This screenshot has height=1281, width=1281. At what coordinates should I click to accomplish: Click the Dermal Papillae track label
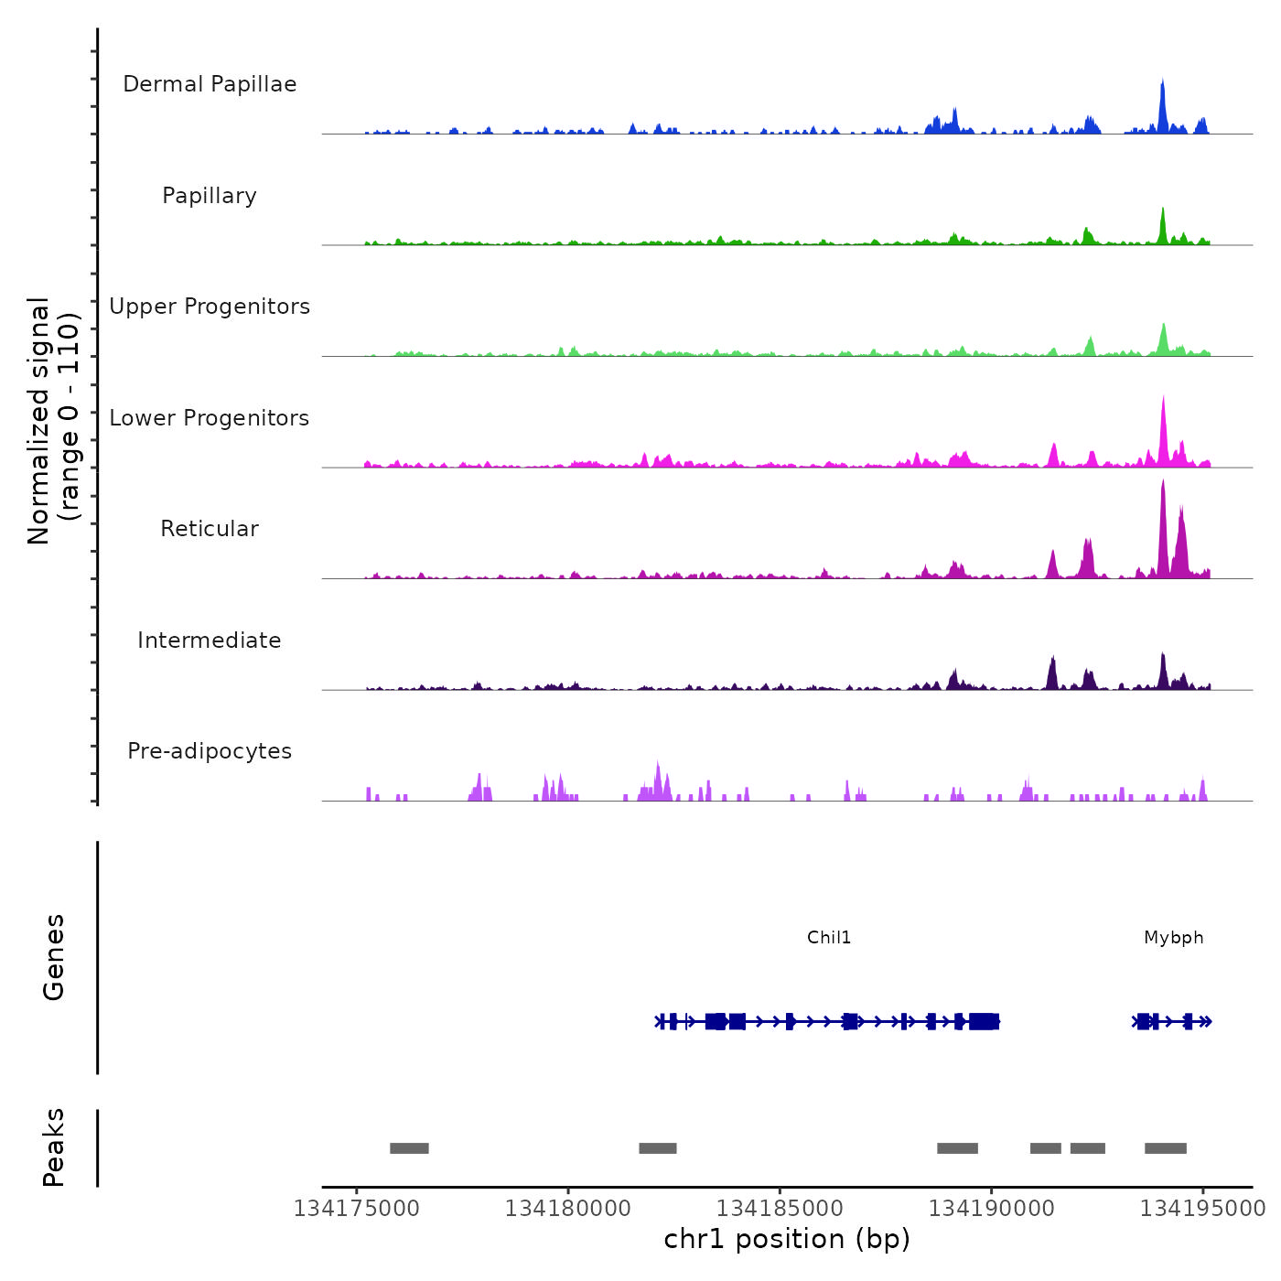point(210,84)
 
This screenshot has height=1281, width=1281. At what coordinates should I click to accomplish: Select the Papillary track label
point(210,196)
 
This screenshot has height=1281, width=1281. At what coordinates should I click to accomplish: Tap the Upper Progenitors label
point(210,307)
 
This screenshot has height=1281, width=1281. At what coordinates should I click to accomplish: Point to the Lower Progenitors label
point(210,418)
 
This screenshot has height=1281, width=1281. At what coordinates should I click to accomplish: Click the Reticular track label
point(210,529)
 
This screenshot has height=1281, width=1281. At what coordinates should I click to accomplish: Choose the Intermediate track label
point(210,640)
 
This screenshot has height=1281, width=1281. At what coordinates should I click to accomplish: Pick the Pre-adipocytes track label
point(210,751)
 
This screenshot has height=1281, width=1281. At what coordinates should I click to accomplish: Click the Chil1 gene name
point(829,938)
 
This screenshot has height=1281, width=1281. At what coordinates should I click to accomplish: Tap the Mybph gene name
point(1174,938)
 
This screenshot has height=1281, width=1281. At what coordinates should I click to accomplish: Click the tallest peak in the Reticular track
point(1163,485)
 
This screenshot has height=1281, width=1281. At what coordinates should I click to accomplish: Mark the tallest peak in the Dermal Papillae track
point(1162,84)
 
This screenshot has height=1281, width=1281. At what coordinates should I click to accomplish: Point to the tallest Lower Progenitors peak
point(1163,401)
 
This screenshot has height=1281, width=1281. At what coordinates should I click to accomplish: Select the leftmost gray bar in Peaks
point(409,1148)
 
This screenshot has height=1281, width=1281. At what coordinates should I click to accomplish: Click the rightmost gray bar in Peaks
point(1166,1148)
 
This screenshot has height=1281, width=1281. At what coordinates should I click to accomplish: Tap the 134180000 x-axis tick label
point(568,1209)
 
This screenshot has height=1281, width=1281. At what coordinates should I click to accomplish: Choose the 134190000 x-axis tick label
point(992,1209)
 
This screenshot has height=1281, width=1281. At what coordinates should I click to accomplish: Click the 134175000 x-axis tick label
point(357,1209)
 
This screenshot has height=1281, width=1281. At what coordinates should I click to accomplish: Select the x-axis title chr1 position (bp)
point(787,1239)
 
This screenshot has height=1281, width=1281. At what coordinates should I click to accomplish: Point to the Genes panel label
point(54,957)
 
